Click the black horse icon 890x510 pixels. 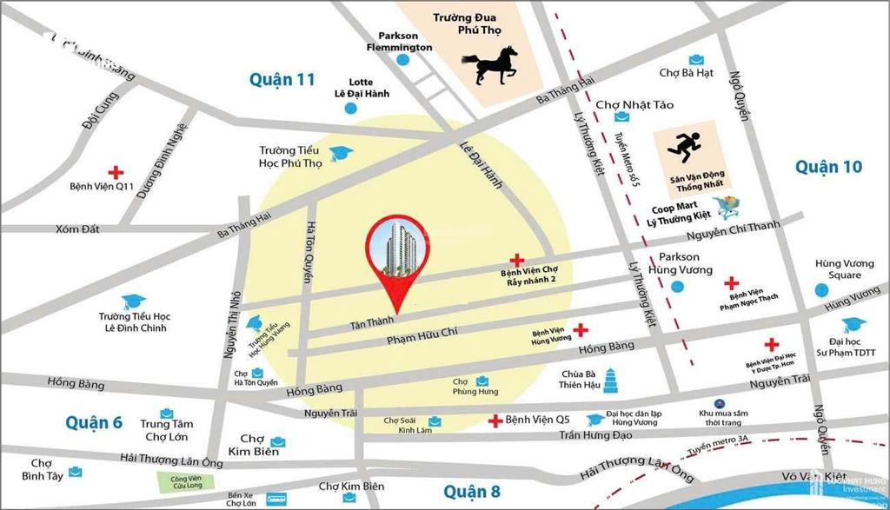click(490, 66)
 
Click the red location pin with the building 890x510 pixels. click(399, 257)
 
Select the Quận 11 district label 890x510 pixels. click(282, 79)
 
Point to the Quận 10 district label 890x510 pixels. click(828, 166)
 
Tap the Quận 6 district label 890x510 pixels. click(94, 422)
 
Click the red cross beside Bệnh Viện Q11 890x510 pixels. click(115, 172)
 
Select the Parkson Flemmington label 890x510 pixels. click(400, 41)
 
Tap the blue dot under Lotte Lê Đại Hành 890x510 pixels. click(350, 109)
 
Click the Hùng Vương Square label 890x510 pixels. click(838, 269)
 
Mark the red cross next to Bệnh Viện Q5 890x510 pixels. click(495, 421)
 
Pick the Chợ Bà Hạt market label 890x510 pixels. click(687, 73)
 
